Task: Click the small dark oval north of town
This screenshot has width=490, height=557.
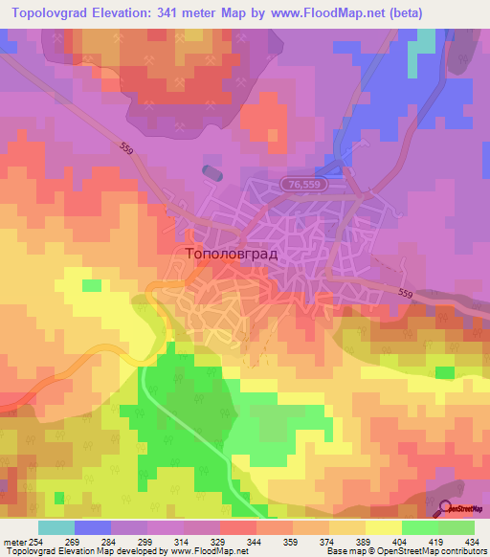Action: pyautogui.click(x=212, y=172)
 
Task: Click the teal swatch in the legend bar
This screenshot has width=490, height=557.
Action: pyautogui.click(x=56, y=528)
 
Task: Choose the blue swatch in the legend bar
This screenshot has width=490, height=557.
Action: pyautogui.click(x=93, y=528)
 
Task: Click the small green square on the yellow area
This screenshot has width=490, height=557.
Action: pyautogui.click(x=91, y=285)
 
